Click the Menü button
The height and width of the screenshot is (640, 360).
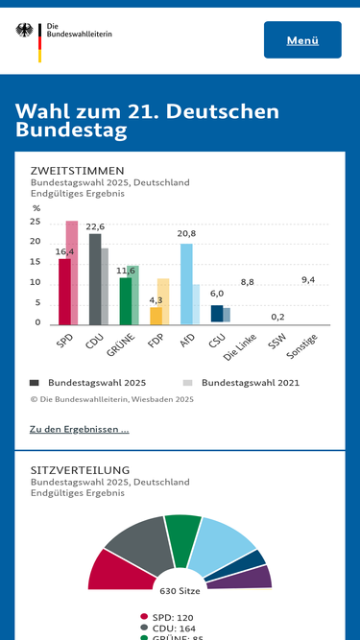(x=302, y=40)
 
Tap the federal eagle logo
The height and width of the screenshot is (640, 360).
(x=25, y=32)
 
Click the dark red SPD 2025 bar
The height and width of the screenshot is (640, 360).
(x=64, y=292)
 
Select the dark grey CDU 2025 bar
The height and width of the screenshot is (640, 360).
(x=95, y=279)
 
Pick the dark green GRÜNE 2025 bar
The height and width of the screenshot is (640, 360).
(x=125, y=301)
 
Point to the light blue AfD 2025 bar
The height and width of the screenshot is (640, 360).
(x=186, y=284)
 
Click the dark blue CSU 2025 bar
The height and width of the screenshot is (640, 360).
(x=217, y=314)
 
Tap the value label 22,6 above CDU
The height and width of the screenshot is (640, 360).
(x=95, y=226)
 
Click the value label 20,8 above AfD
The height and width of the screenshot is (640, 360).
(x=186, y=233)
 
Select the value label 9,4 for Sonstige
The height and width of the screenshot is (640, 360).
(x=308, y=279)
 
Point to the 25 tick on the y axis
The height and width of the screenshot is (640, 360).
(x=36, y=222)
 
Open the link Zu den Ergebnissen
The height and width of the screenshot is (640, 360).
(x=80, y=429)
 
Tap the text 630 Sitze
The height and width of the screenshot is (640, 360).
(x=180, y=591)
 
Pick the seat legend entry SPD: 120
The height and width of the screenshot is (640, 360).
(x=173, y=617)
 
